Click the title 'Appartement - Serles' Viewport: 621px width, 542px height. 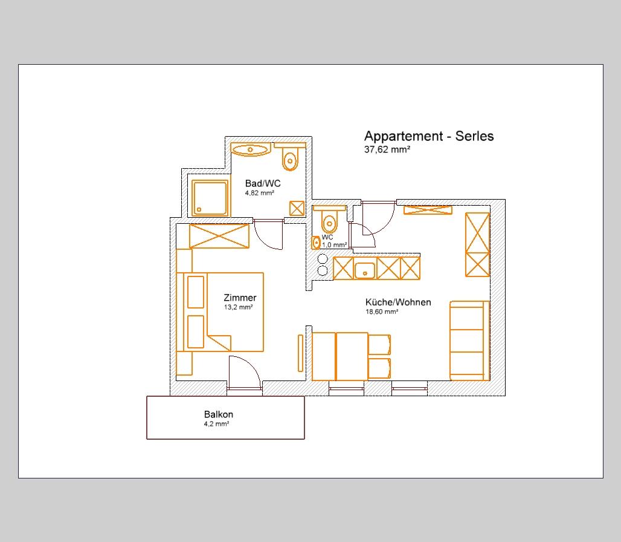[x=429, y=136]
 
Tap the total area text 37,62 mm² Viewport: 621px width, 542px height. [x=387, y=149]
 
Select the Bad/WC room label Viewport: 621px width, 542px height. [x=263, y=183]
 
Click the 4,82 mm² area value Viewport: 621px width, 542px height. [x=259, y=193]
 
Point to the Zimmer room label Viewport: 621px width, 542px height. [x=240, y=298]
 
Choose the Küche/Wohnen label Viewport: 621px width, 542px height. [x=398, y=302]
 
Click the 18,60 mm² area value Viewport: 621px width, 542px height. [x=381, y=312]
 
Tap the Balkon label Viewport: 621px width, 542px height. [x=219, y=414]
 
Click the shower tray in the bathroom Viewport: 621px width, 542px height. [x=210, y=198]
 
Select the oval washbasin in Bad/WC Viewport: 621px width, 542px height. [x=250, y=150]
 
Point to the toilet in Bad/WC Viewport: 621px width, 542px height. [x=290, y=158]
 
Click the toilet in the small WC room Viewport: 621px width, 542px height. [x=329, y=220]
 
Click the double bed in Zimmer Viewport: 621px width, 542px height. [x=220, y=312]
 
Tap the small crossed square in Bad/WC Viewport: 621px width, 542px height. [x=297, y=208]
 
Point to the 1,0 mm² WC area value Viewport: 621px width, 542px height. [x=334, y=245]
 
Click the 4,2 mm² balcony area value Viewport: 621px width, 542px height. [x=217, y=424]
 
